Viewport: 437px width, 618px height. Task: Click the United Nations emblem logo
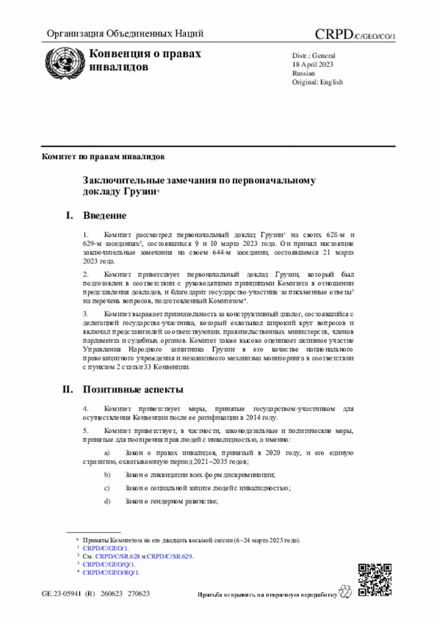(62, 60)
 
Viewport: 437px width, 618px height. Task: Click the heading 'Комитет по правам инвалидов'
(103, 156)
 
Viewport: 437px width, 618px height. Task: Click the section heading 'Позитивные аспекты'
(133, 390)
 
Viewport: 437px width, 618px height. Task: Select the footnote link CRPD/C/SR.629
(170, 556)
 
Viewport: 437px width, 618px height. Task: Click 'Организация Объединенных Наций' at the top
(125, 33)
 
